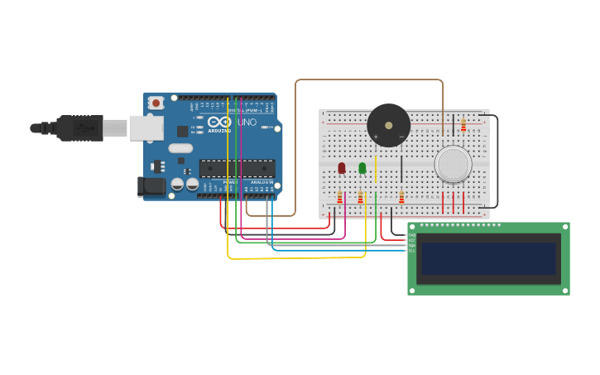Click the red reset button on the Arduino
click(x=156, y=103)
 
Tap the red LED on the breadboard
click(x=341, y=168)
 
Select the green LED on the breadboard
click(x=362, y=168)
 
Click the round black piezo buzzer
click(x=388, y=125)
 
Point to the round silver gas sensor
click(x=453, y=164)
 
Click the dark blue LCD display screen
click(x=488, y=258)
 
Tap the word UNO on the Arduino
click(x=247, y=123)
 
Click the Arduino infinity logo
click(x=219, y=122)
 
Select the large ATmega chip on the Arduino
click(x=237, y=168)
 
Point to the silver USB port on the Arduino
click(x=146, y=127)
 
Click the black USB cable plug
click(x=83, y=128)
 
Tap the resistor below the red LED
click(x=339, y=197)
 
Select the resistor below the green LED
click(x=360, y=197)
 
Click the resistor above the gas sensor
click(x=463, y=125)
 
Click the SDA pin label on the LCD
click(x=411, y=245)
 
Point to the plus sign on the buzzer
click(x=376, y=137)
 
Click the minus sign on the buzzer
click(x=401, y=137)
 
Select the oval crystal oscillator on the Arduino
click(x=180, y=149)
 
